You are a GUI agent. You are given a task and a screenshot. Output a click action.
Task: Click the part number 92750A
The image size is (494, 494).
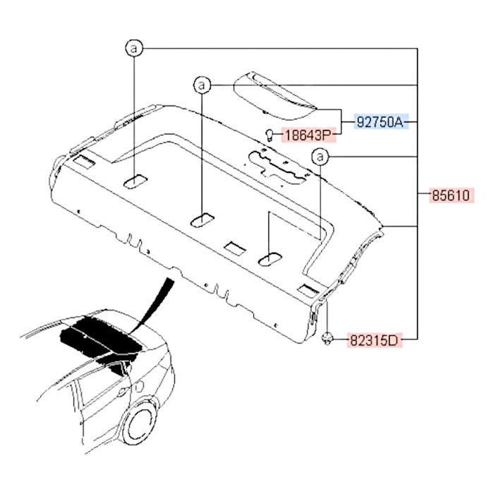[380, 122]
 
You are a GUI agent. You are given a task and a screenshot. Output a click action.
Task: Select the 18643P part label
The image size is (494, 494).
[308, 135]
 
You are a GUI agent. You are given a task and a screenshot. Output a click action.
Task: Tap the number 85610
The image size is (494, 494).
[451, 195]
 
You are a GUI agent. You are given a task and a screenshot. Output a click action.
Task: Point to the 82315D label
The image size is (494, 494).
[374, 341]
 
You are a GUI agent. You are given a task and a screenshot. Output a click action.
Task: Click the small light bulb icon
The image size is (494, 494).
[270, 135]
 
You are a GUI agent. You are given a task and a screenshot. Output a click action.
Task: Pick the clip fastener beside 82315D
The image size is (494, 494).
[327, 339]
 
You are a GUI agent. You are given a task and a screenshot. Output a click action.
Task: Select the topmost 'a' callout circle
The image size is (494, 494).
[134, 49]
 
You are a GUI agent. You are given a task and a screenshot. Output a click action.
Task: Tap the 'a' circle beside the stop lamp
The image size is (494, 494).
[202, 85]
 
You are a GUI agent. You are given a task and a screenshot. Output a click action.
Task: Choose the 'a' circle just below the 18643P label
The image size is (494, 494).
[320, 157]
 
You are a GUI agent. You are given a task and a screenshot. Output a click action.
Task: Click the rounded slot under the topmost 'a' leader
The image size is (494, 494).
[135, 181]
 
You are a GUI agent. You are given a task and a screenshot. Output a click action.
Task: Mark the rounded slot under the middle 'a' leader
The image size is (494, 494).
[203, 220]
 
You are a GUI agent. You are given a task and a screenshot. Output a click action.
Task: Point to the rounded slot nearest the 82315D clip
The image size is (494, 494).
[270, 259]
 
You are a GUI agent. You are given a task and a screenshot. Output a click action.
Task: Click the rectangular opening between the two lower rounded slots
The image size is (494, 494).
[235, 248]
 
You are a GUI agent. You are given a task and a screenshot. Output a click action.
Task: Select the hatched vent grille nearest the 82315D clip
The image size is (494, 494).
[309, 290]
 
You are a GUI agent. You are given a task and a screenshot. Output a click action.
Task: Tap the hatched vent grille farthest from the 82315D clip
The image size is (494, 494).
[84, 161]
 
